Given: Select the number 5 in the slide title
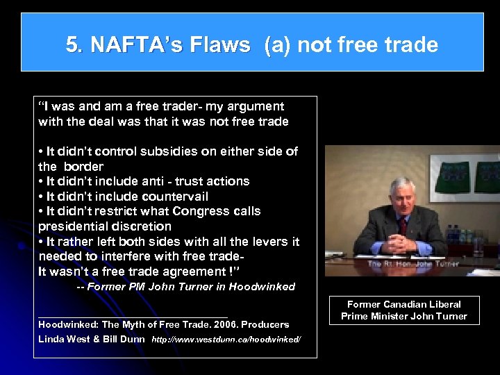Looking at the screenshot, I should (71, 46).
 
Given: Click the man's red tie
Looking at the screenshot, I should (403, 225).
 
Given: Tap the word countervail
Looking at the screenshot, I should (176, 197).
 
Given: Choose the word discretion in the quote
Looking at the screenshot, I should (137, 226).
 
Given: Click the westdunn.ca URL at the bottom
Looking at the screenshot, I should (226, 340).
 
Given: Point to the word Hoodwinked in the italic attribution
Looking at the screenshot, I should (262, 286).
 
